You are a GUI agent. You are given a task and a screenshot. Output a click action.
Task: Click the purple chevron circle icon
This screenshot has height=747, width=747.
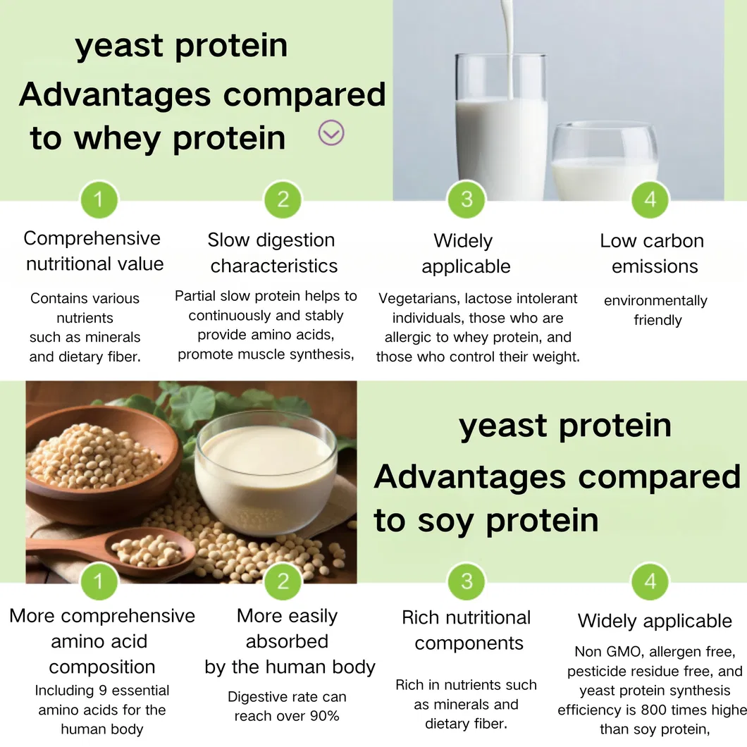coord(331,132)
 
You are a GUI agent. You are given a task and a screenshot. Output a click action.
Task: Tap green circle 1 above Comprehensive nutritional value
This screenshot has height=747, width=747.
coord(99,199)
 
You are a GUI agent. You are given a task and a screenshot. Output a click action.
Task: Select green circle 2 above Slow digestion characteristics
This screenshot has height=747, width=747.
coord(283,199)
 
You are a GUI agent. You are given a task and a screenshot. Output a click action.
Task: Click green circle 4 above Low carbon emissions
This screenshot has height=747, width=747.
coord(650,199)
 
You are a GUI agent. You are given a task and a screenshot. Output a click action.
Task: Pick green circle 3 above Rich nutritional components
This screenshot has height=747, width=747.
coord(467,581)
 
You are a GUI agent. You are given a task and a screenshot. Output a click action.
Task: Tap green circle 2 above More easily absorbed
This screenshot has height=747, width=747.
coord(283,581)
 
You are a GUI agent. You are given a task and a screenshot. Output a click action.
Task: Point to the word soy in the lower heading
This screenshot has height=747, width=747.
coord(441,520)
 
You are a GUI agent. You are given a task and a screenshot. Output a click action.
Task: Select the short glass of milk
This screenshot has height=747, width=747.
coord(604,163)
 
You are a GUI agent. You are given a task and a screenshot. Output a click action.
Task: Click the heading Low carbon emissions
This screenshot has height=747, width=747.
coord(653,254)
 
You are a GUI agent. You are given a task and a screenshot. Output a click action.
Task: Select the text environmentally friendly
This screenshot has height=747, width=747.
coord(656,310)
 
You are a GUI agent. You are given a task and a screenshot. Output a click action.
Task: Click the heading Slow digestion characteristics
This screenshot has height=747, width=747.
coord(272,253)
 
